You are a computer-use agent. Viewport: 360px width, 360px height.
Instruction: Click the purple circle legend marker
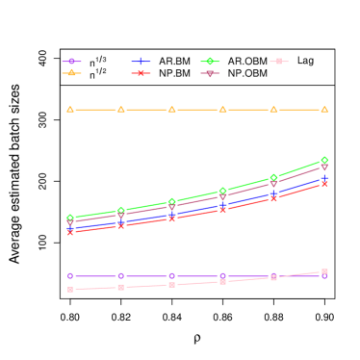coord(71,62)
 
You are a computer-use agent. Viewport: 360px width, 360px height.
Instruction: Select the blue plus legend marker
coord(141,62)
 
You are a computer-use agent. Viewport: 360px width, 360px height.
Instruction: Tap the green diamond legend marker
coord(210,62)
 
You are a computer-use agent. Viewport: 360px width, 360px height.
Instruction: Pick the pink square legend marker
coord(279,62)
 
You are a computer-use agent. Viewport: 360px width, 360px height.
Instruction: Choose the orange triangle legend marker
coord(71,73)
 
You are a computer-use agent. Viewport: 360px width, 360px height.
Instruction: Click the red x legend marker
coord(141,73)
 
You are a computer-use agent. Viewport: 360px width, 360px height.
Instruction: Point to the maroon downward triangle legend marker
coord(210,73)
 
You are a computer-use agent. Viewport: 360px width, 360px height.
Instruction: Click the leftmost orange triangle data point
coord(70,110)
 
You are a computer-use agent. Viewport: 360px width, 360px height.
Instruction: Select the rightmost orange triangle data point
coord(324,110)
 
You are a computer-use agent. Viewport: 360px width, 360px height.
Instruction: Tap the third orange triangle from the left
coord(172,110)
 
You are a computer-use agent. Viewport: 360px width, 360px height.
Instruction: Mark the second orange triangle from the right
coord(273,110)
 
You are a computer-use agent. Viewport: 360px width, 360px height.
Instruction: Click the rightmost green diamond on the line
coord(324,160)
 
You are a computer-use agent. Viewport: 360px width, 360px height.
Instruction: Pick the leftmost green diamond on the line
coord(70,218)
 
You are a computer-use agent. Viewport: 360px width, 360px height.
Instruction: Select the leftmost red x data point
coord(70,232)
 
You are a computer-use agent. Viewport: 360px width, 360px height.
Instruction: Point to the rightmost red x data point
coord(324,183)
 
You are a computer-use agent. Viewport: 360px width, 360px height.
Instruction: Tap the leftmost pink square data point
coord(70,289)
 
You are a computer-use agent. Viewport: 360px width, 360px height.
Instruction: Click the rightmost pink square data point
coord(324,271)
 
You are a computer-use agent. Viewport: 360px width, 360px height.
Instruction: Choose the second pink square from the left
coord(121,287)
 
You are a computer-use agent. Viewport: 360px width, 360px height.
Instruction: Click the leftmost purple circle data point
coord(70,276)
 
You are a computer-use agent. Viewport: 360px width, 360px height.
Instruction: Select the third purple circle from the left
coord(172,276)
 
